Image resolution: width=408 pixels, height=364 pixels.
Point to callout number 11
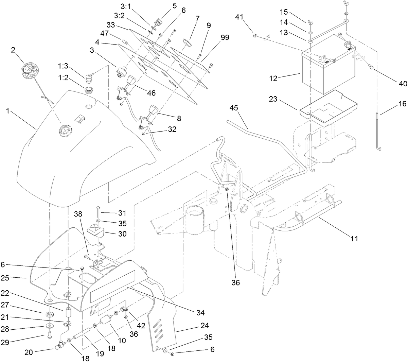[x=354, y=239]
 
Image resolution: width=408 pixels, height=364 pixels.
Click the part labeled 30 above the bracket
[x=96, y=232]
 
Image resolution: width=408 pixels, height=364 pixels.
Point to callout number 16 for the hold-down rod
[x=402, y=104]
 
